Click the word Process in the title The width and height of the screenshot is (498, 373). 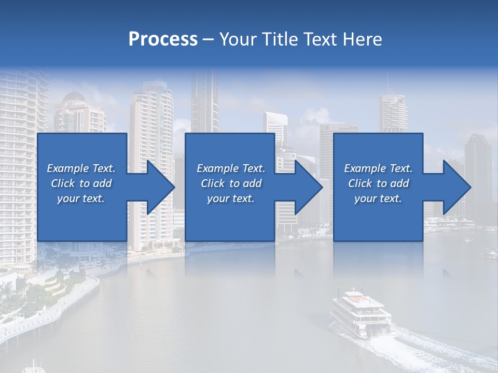(163, 39)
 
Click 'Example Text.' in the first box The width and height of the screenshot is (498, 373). (81, 168)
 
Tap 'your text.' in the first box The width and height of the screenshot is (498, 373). (81, 198)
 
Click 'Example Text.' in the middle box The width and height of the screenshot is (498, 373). (231, 168)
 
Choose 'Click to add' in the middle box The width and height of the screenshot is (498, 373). (231, 183)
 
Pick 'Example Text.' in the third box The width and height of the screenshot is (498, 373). (378, 168)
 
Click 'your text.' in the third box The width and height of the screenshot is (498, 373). (378, 198)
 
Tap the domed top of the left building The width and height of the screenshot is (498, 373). (74, 97)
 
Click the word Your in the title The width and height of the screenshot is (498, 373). (237, 39)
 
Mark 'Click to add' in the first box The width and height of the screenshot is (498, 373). (81, 183)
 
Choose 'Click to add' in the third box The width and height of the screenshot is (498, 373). (378, 183)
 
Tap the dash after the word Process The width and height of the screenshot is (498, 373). (209, 39)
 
